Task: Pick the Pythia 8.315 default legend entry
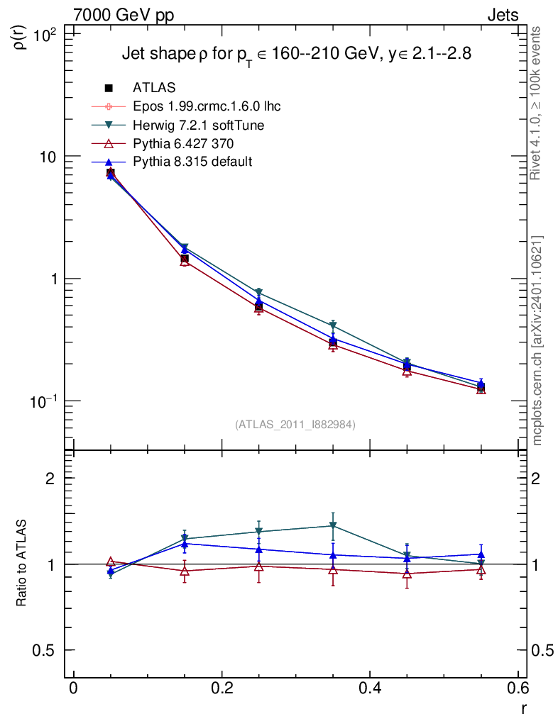pyautogui.click(x=192, y=162)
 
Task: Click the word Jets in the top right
pyautogui.click(x=502, y=16)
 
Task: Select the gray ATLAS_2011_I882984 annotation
pyautogui.click(x=295, y=425)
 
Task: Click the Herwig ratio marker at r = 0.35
pyautogui.click(x=333, y=526)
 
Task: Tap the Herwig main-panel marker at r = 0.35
pyautogui.click(x=333, y=327)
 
